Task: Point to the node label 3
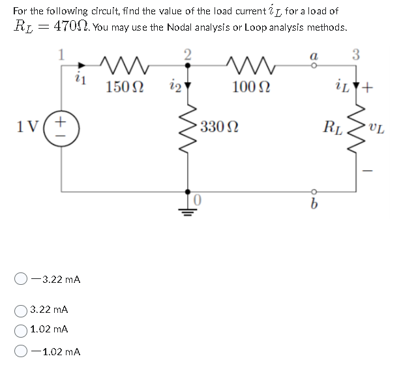point(356,56)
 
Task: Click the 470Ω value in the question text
point(70,27)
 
